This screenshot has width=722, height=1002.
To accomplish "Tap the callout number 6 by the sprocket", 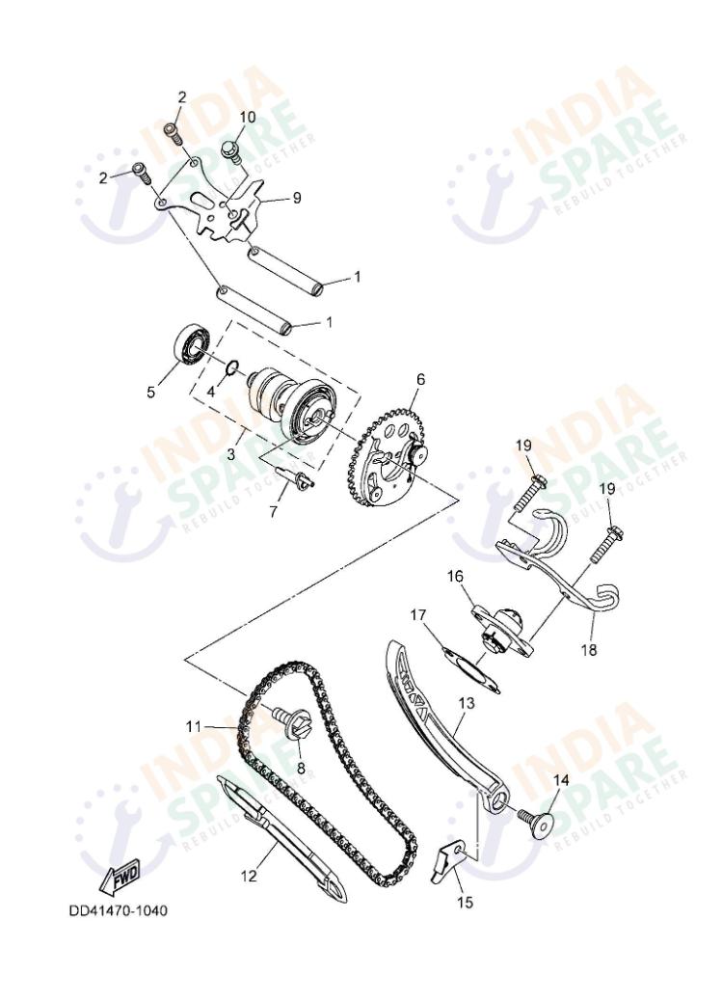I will pos(420,379).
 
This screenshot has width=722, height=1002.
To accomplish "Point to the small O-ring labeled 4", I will pos(232,367).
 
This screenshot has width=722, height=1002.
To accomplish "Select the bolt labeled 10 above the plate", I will pos(231,149).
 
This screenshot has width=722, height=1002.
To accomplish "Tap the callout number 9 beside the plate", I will pos(297,198).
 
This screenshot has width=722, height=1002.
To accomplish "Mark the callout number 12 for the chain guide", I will pos(249,876).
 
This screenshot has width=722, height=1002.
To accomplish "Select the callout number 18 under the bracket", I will pos(588,650).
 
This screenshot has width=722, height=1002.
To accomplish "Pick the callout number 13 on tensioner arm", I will pos(466,705).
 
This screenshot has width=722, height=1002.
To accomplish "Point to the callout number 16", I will pos(455,577).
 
